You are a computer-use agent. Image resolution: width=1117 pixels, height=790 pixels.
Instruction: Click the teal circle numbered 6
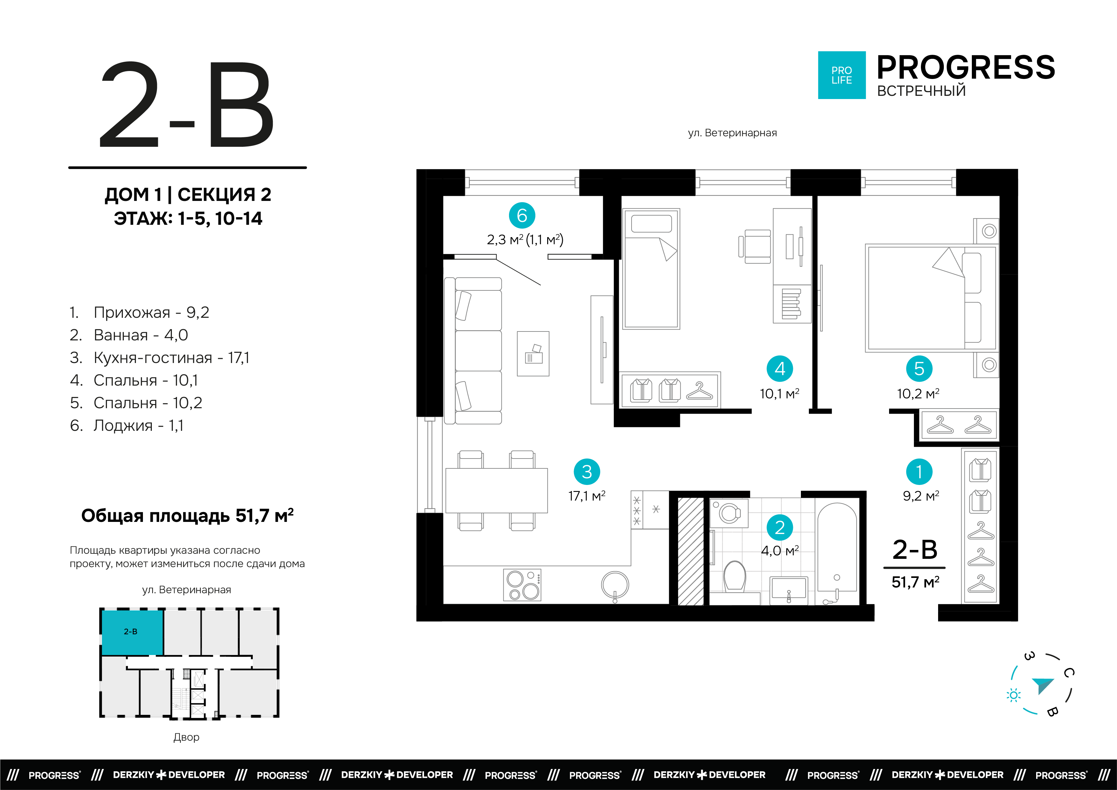[522, 215]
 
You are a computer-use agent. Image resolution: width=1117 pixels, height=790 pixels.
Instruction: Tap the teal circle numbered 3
[587, 472]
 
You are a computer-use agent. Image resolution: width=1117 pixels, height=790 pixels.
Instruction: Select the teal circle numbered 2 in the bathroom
[780, 528]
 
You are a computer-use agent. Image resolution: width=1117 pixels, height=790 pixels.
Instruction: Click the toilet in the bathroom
[735, 576]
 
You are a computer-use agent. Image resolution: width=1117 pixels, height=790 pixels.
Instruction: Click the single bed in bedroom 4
[651, 269]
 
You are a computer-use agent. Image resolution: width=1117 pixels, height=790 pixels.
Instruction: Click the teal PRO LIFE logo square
[842, 75]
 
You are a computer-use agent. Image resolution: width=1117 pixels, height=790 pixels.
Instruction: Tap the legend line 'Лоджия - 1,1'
[126, 425]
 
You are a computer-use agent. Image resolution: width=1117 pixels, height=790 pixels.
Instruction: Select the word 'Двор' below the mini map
[186, 737]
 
